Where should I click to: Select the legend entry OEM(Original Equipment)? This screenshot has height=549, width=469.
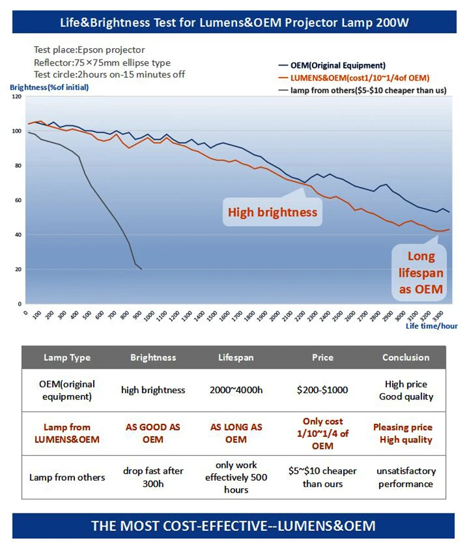[336, 65]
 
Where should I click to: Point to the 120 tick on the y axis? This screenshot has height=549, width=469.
[16, 97]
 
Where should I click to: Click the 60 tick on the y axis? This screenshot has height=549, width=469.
[18, 200]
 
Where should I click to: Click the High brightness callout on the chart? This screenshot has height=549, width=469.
[272, 213]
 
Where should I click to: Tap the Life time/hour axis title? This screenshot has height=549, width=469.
[431, 326]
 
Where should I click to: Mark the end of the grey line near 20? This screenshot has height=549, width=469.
[142, 269]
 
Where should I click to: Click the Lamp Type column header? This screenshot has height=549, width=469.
[67, 358]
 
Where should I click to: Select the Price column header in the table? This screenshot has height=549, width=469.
[323, 358]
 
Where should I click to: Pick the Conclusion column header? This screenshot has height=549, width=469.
[406, 358]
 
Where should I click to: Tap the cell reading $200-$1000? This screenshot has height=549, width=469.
[323, 390]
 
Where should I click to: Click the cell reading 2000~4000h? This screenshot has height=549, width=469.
[236, 390]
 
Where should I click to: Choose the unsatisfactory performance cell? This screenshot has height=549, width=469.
[406, 477]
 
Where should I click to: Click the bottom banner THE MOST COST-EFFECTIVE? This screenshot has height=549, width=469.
[234, 525]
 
